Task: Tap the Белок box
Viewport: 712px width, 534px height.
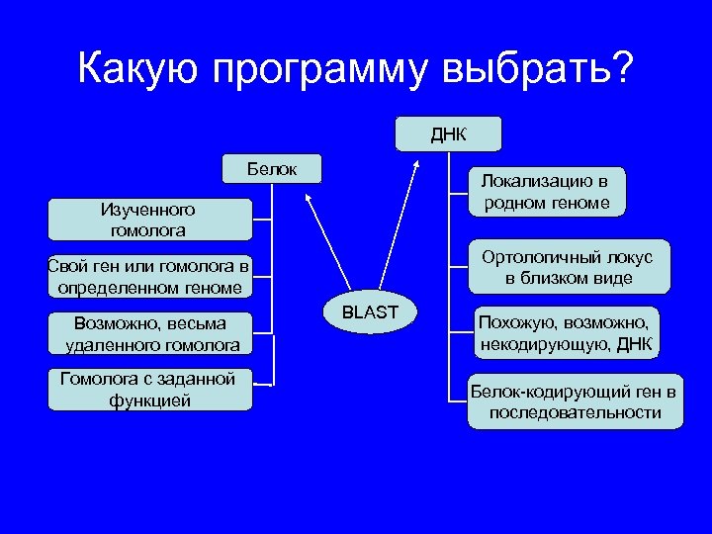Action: click(272, 169)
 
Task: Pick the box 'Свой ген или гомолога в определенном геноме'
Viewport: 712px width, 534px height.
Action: click(148, 278)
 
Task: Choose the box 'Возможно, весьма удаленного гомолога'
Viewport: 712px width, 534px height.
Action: click(151, 334)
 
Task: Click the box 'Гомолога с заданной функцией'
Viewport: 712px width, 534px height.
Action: click(148, 390)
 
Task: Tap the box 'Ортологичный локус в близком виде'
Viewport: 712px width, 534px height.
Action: click(568, 267)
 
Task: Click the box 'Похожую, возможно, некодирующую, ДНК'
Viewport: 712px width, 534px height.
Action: click(566, 334)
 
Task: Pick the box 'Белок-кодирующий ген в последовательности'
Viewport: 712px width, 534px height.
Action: click(575, 401)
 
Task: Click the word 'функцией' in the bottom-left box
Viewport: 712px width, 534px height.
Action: click(149, 400)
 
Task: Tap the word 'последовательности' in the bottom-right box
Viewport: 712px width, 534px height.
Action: click(575, 412)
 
